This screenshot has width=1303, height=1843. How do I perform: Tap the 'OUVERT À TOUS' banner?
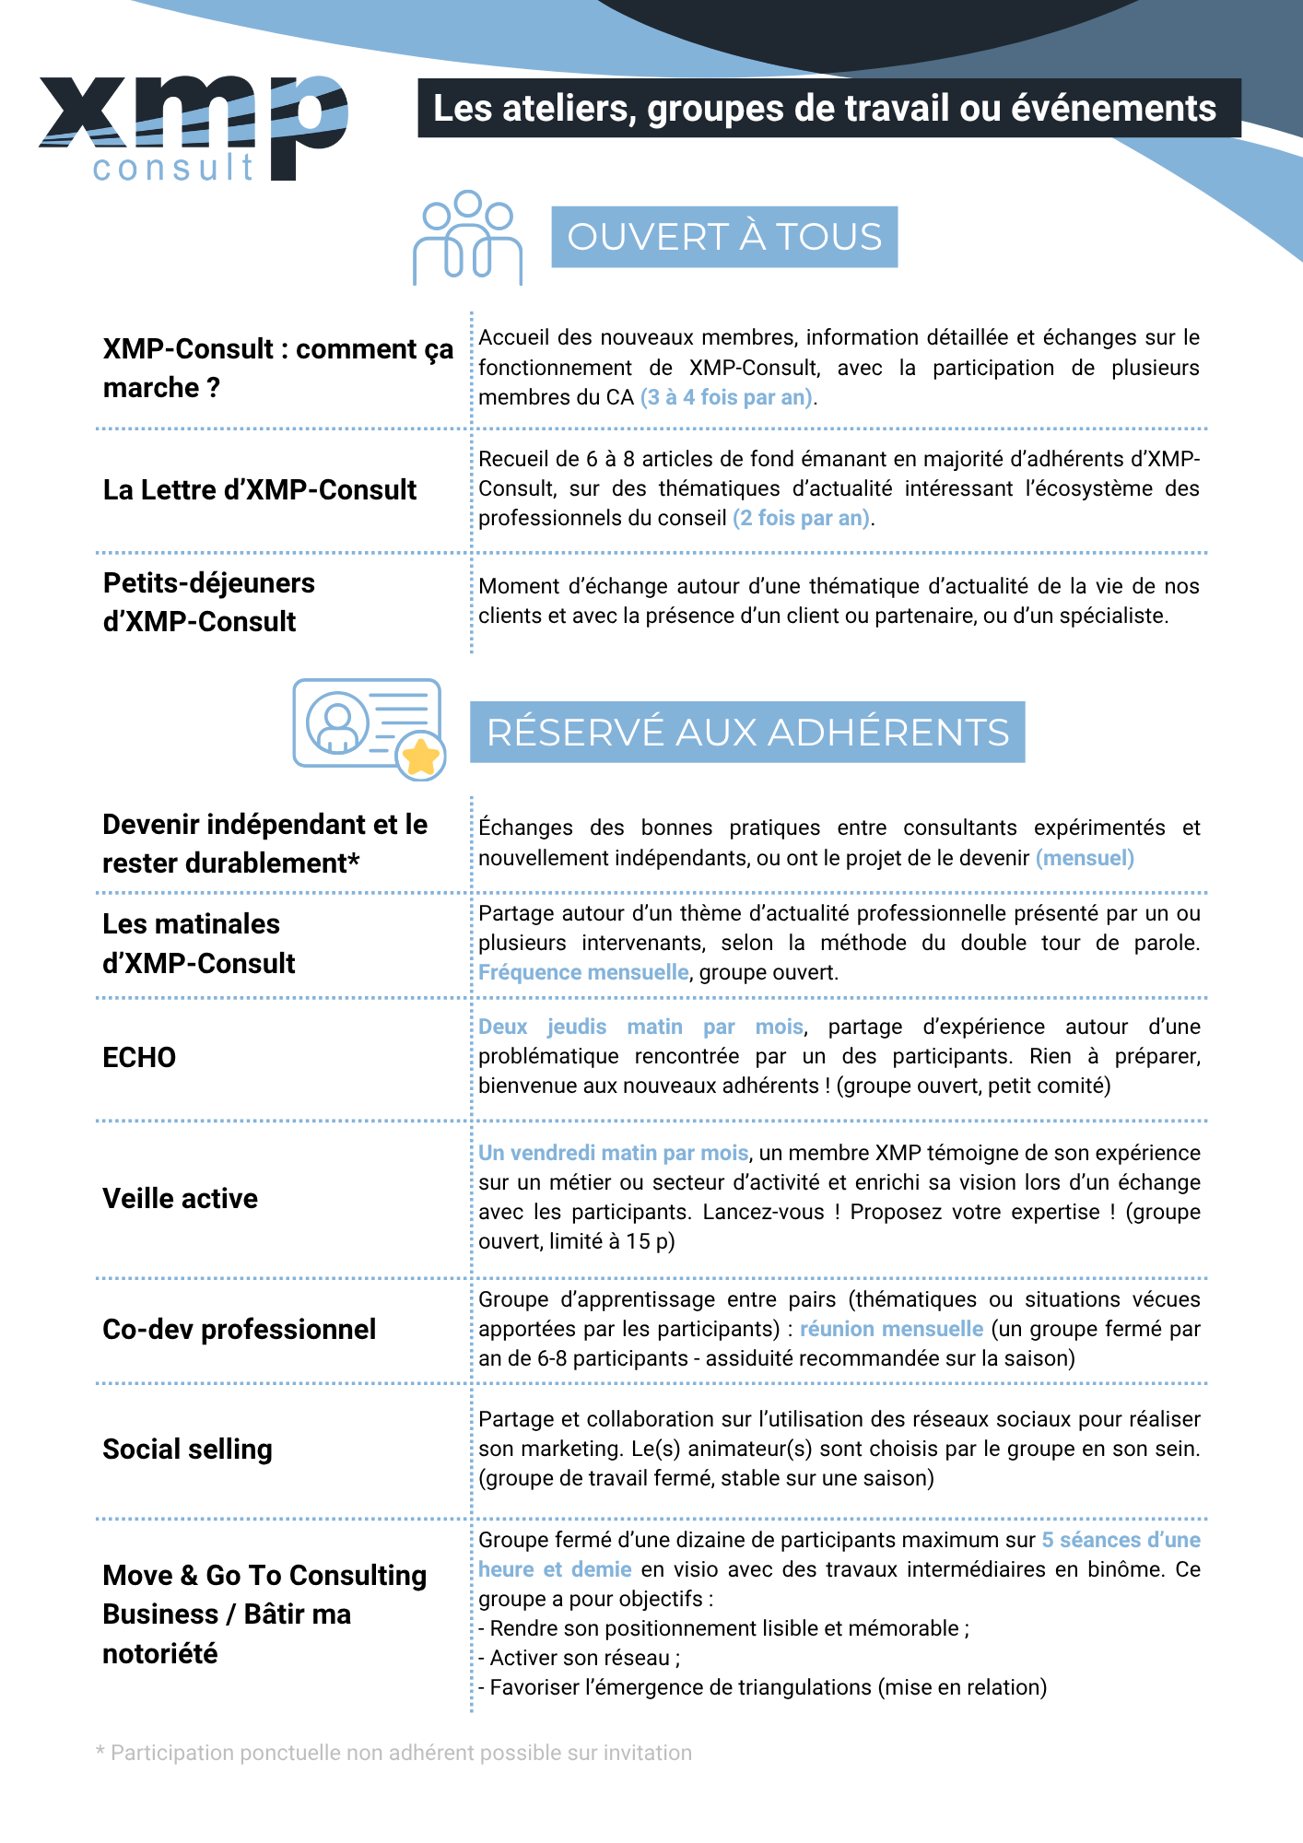pos(724,237)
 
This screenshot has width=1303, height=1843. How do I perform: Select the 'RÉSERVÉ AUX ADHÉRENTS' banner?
pos(747,733)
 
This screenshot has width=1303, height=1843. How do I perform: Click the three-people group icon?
pos(467,238)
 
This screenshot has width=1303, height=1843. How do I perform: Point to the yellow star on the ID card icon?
pos(421,757)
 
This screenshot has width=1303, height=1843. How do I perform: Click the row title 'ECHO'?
pos(139,1057)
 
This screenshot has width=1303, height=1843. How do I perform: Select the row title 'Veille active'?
pos(181,1198)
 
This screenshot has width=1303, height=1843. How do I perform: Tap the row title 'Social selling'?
pos(188,1450)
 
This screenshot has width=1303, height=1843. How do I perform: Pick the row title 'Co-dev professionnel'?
pos(240,1329)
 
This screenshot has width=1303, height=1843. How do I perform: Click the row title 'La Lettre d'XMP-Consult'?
pos(260,489)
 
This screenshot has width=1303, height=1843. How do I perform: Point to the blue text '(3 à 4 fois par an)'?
pos(727,397)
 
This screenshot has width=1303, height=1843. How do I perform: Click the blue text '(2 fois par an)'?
pos(802,518)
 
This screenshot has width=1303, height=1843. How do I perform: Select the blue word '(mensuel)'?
pos(1085,858)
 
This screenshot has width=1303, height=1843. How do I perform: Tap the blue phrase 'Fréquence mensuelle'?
pos(583,972)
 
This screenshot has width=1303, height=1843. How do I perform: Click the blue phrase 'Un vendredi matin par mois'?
pos(613,1153)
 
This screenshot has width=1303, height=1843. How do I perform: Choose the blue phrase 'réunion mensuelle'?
pos(891,1329)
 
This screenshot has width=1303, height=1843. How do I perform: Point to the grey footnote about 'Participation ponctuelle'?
pos(394,1753)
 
